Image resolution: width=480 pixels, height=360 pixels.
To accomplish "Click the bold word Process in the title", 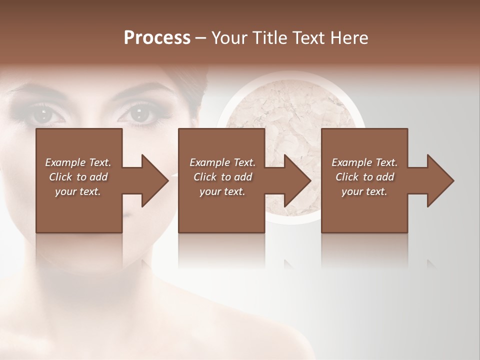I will tap(157, 37).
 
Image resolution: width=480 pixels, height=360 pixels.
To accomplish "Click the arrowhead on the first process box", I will tap(153, 180).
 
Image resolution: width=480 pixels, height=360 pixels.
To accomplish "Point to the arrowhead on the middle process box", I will tap(296, 180).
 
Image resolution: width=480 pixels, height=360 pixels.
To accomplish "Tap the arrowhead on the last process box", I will tap(439, 180).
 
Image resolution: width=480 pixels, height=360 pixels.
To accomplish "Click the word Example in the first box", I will tap(64, 162).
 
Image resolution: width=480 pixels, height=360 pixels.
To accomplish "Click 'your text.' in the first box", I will tap(78, 191).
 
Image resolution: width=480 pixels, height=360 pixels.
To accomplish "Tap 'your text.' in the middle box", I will tap(222, 191).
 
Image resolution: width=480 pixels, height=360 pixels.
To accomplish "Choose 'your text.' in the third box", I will tap(364, 191).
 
